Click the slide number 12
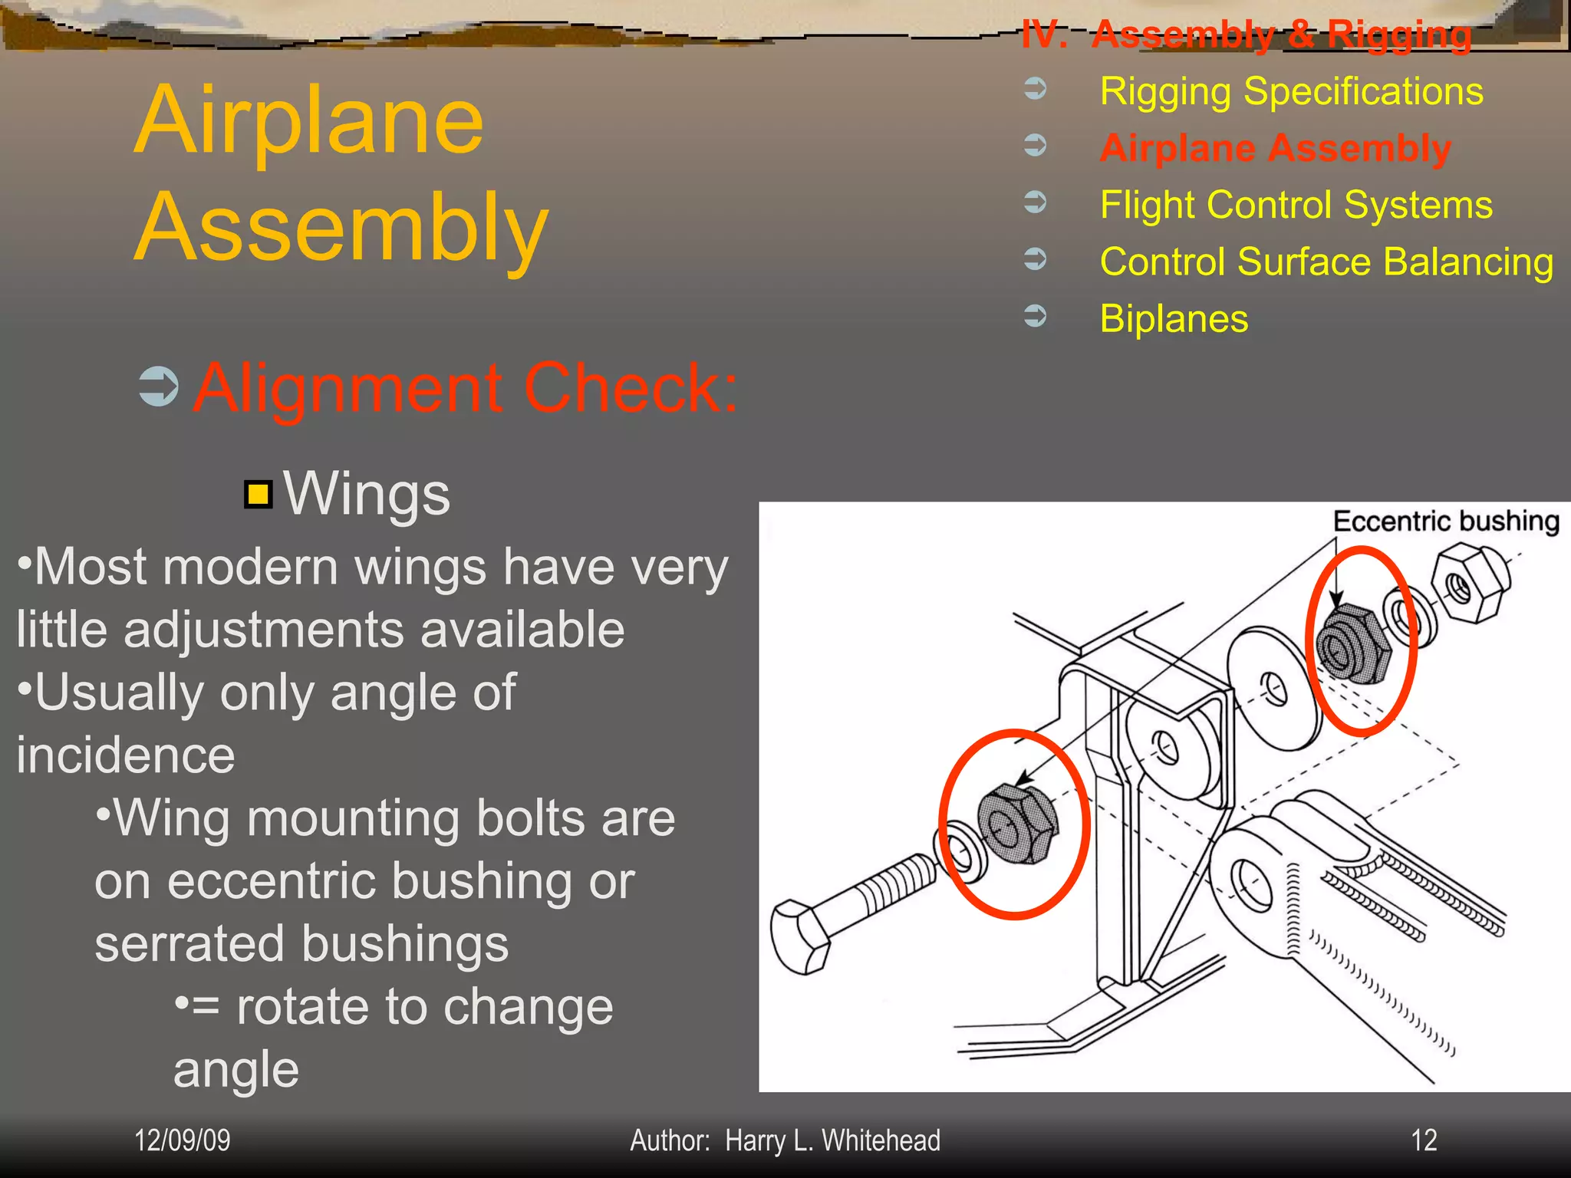1424,1140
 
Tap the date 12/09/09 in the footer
183,1140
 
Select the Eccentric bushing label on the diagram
1446,522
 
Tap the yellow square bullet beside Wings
259,495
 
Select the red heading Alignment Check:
465,388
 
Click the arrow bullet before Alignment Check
159,387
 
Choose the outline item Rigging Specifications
1291,92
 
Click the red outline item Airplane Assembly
1275,148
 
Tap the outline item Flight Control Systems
1296,206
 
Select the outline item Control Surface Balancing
1326,262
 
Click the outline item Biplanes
1174,319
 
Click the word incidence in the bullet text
126,755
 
